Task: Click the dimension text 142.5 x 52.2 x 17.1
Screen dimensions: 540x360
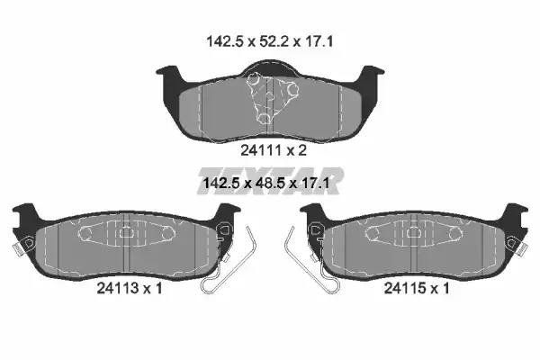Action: pos(270,42)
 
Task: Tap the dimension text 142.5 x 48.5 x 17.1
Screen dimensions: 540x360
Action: pos(266,183)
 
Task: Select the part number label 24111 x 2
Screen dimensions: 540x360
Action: pos(274,150)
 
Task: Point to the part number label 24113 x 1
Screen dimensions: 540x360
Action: pos(130,288)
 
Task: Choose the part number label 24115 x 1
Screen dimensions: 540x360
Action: pos(417,288)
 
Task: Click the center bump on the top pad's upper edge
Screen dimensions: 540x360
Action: pos(270,67)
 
